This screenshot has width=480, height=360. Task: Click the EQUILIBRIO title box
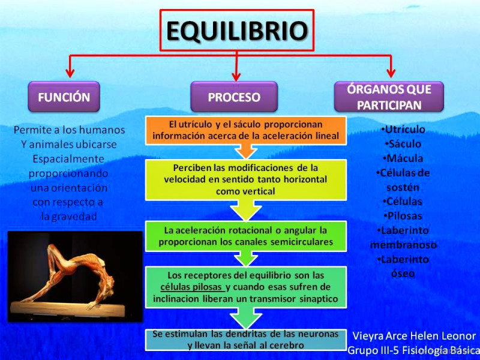coord(237,30)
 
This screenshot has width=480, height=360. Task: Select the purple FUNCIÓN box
coord(64,97)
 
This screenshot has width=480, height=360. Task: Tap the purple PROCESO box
coord(234,97)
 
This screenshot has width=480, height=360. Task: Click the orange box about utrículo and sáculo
coord(246,130)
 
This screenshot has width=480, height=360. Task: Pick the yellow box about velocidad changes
coord(246,178)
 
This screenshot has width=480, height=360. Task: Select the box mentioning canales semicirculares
coord(246,236)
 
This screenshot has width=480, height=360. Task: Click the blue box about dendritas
coord(245,340)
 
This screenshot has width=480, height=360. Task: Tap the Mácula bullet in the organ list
coord(403,158)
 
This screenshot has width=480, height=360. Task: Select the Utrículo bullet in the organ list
coord(403,130)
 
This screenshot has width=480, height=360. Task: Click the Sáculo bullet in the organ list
coord(403,144)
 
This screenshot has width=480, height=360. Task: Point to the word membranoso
coord(403,245)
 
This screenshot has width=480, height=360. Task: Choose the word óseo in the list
coord(403,274)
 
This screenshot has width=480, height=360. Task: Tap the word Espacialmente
coord(68,159)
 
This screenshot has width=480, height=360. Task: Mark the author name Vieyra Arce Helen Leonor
coord(413,336)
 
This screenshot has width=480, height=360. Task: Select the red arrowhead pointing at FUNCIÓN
coord(70,73)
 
